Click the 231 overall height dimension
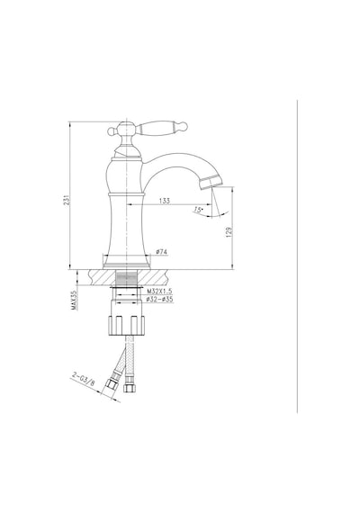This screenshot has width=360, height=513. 67,200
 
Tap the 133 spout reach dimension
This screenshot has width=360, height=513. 165,201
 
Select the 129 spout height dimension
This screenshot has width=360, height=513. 229,232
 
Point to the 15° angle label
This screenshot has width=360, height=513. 198,210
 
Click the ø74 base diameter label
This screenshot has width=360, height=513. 162,252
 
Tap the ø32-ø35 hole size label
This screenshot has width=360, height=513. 159,299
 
